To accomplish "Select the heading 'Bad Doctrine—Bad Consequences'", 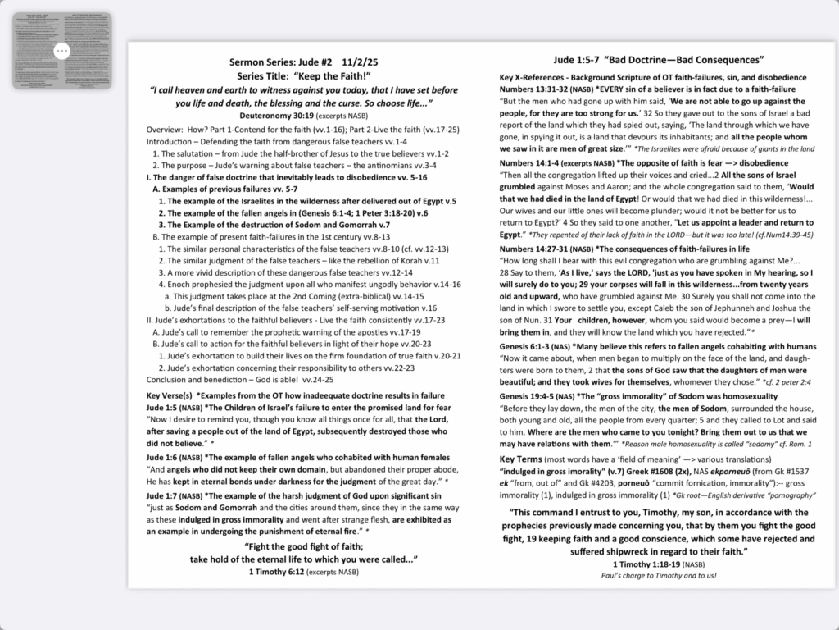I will pos(683,60).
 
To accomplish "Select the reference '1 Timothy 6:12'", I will pos(276,571).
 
